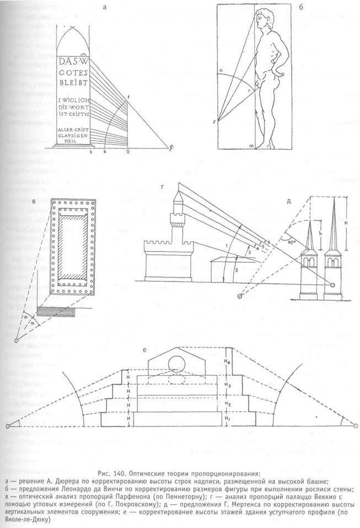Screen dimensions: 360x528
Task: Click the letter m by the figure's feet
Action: point(251,145)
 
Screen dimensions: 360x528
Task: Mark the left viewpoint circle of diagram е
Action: point(8,426)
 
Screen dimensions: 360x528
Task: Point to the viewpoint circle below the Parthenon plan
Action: point(17,340)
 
